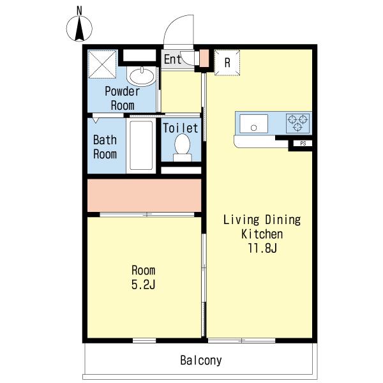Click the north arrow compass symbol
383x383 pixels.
click(x=79, y=28)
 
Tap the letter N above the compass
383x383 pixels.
click(x=79, y=11)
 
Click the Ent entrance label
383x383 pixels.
click(x=172, y=59)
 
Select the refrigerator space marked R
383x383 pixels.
click(x=227, y=63)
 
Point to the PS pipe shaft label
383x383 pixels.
click(x=303, y=144)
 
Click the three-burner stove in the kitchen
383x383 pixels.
click(x=297, y=123)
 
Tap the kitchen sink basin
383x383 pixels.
click(x=254, y=124)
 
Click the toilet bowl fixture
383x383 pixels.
click(x=182, y=147)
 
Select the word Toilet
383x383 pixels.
click(x=181, y=128)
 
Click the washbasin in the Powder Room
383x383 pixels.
click(x=142, y=76)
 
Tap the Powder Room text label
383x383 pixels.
click(x=123, y=98)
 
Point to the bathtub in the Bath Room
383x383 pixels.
click(x=141, y=146)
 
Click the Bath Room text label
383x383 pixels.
click(x=105, y=147)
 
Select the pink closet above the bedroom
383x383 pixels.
click(x=144, y=195)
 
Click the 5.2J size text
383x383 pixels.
click(x=144, y=285)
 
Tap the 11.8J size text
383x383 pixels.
click(x=262, y=249)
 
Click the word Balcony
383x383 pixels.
click(x=201, y=360)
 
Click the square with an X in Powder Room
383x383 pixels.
click(x=102, y=64)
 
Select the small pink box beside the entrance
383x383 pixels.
click(x=204, y=58)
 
